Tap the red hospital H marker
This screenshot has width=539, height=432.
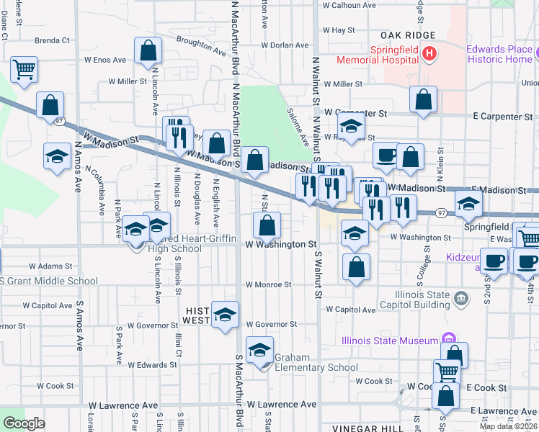[429, 53]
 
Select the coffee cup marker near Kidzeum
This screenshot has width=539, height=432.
[494, 261]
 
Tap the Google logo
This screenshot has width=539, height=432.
[24, 423]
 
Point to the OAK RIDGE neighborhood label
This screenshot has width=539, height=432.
[409, 35]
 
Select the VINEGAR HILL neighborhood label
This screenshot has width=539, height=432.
[369, 428]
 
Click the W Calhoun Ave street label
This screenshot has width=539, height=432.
[349, 5]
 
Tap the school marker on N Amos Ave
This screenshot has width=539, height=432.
[58, 157]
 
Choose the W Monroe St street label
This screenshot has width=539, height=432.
[269, 284]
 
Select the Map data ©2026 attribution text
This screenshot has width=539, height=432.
[507, 426]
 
